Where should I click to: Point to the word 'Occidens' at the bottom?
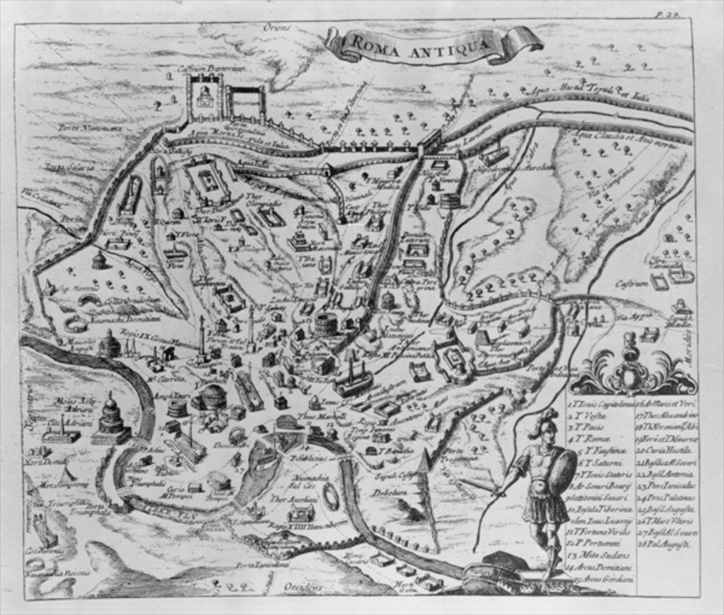303,587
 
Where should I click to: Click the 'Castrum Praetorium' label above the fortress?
221,68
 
